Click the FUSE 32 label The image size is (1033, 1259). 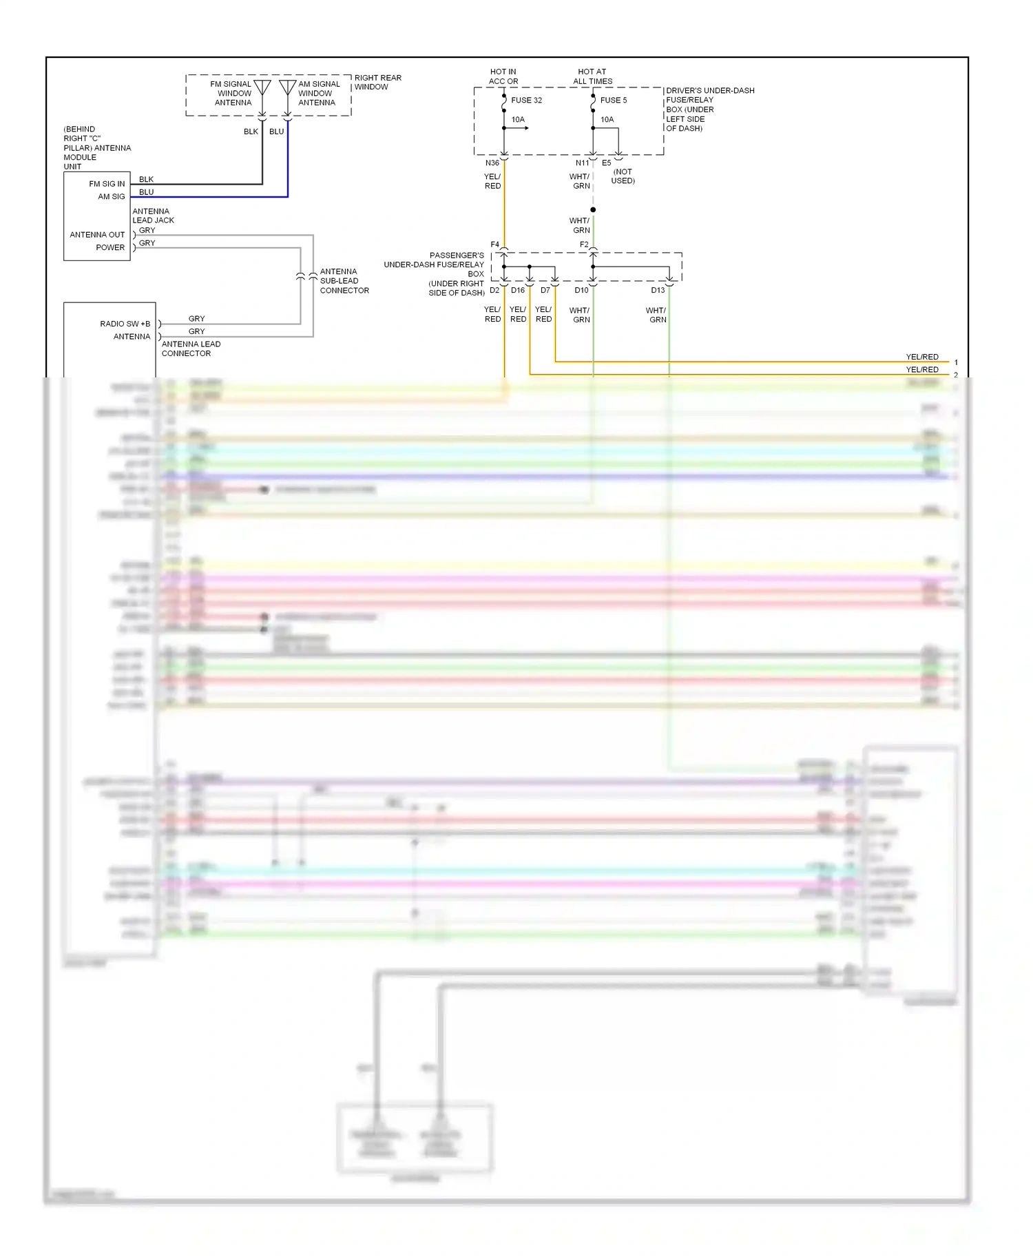[526, 101]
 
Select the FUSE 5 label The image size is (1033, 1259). [613, 101]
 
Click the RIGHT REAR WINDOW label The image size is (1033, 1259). [377, 83]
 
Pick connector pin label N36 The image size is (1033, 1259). [492, 163]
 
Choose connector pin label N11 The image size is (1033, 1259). [582, 163]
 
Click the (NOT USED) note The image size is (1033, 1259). [623, 176]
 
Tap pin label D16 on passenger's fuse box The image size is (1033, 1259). [518, 291]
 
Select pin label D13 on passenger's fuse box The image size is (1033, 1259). [658, 291]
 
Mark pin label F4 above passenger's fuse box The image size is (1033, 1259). [494, 244]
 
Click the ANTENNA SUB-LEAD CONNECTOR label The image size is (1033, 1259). [344, 281]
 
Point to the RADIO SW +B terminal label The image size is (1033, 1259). [125, 324]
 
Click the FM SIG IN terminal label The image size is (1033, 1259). [107, 184]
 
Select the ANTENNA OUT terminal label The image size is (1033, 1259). [97, 235]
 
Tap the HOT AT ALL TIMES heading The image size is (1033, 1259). [592, 76]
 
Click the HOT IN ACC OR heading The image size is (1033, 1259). [503, 76]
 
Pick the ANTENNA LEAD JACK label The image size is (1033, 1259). [153, 216]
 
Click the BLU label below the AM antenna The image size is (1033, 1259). [276, 132]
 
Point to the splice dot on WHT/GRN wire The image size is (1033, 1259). [593, 209]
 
